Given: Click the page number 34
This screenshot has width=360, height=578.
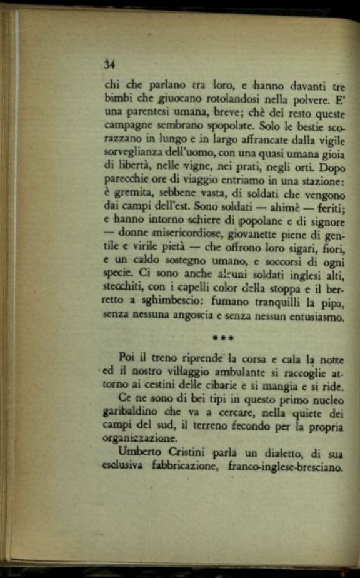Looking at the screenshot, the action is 110,63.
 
